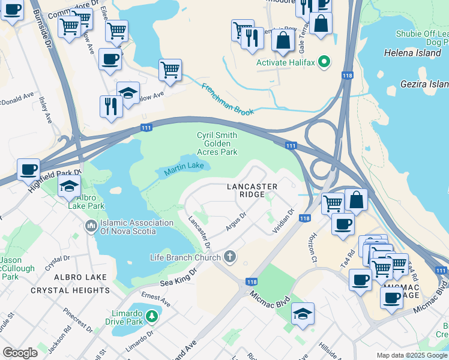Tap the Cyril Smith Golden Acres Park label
pos(217,143)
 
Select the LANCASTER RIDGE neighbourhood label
pos(252,191)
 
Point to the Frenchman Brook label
pos(228,99)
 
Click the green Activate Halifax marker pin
pos(324,62)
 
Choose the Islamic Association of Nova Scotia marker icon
pos(91,227)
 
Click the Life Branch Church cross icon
pos(229,257)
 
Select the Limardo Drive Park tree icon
pos(151,316)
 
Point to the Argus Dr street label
pos(236,222)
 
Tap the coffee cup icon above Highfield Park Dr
pos(28,169)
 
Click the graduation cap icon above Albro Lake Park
pos(70,185)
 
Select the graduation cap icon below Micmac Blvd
pos(302,314)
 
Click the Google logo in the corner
pos(20,353)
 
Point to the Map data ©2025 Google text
pos(411,355)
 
